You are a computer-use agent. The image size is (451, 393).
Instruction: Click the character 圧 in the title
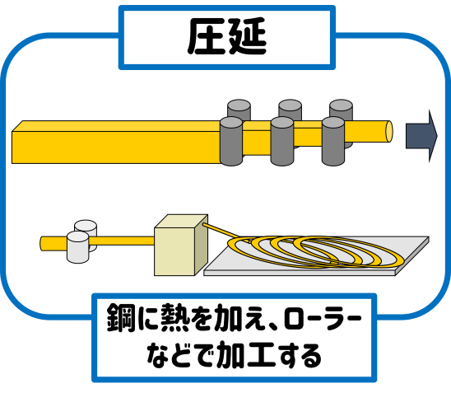pos(205,36)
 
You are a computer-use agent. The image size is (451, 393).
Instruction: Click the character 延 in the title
pos(247,36)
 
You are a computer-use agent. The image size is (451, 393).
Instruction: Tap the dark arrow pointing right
pos(421,136)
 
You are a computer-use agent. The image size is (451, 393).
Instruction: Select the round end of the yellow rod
pos(389,132)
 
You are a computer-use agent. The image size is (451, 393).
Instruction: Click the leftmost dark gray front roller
pos(231,142)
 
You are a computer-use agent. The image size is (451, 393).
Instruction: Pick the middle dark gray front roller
pos(282,142)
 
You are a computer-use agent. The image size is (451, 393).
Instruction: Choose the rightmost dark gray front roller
pos(333,142)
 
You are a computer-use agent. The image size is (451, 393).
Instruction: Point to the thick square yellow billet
pos(115,143)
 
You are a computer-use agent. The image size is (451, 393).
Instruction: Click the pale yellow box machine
pos(181,245)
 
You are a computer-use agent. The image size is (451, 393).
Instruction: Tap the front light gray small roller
pos(77,247)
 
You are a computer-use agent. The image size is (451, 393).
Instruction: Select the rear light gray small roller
pos(86,227)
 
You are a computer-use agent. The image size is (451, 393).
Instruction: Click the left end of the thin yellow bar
pos(41,244)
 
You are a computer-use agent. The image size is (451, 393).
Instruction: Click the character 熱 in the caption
pos(176,318)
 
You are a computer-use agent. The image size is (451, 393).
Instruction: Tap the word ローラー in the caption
pos(322,318)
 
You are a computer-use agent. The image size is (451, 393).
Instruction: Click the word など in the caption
pos(169,356)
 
